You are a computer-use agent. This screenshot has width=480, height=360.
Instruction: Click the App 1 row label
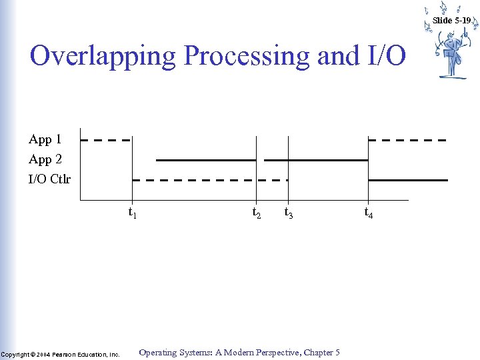click(45, 139)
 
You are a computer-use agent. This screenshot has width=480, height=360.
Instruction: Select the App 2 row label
click(45, 159)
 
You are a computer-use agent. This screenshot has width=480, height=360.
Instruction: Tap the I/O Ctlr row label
click(49, 179)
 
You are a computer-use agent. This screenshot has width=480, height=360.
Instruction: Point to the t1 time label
click(133, 213)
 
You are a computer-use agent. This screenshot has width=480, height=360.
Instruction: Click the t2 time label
click(256, 213)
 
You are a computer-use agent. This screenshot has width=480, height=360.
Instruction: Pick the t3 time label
click(289, 213)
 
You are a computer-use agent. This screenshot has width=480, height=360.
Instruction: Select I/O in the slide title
click(385, 56)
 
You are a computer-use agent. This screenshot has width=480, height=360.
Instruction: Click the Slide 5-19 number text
click(451, 21)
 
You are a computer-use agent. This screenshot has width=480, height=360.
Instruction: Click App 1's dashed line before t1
click(105, 140)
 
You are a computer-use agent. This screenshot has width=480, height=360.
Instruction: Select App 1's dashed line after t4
click(407, 140)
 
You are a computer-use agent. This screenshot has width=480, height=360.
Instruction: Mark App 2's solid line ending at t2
click(205, 160)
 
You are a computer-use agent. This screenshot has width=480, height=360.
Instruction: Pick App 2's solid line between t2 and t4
click(316, 160)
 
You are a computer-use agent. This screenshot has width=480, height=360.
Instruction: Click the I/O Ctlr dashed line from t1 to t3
click(210, 180)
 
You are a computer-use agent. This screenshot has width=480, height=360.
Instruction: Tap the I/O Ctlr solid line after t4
click(407, 180)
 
